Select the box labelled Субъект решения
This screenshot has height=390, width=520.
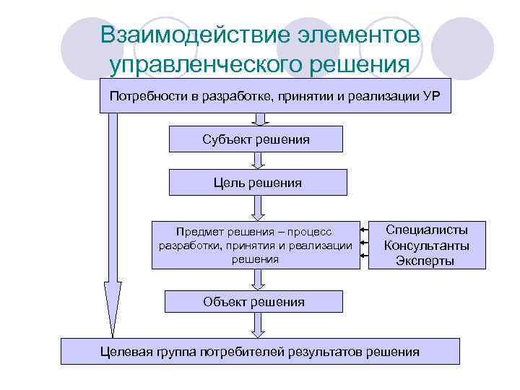coord(256,139)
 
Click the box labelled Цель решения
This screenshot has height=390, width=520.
coord(258,183)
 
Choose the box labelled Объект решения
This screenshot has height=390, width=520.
coord(253,302)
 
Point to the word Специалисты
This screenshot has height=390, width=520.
coord(426,230)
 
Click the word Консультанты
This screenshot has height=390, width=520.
coord(426,246)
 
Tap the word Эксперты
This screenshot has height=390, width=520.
coord(425,261)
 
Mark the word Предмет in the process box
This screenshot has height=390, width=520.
coord(198,232)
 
